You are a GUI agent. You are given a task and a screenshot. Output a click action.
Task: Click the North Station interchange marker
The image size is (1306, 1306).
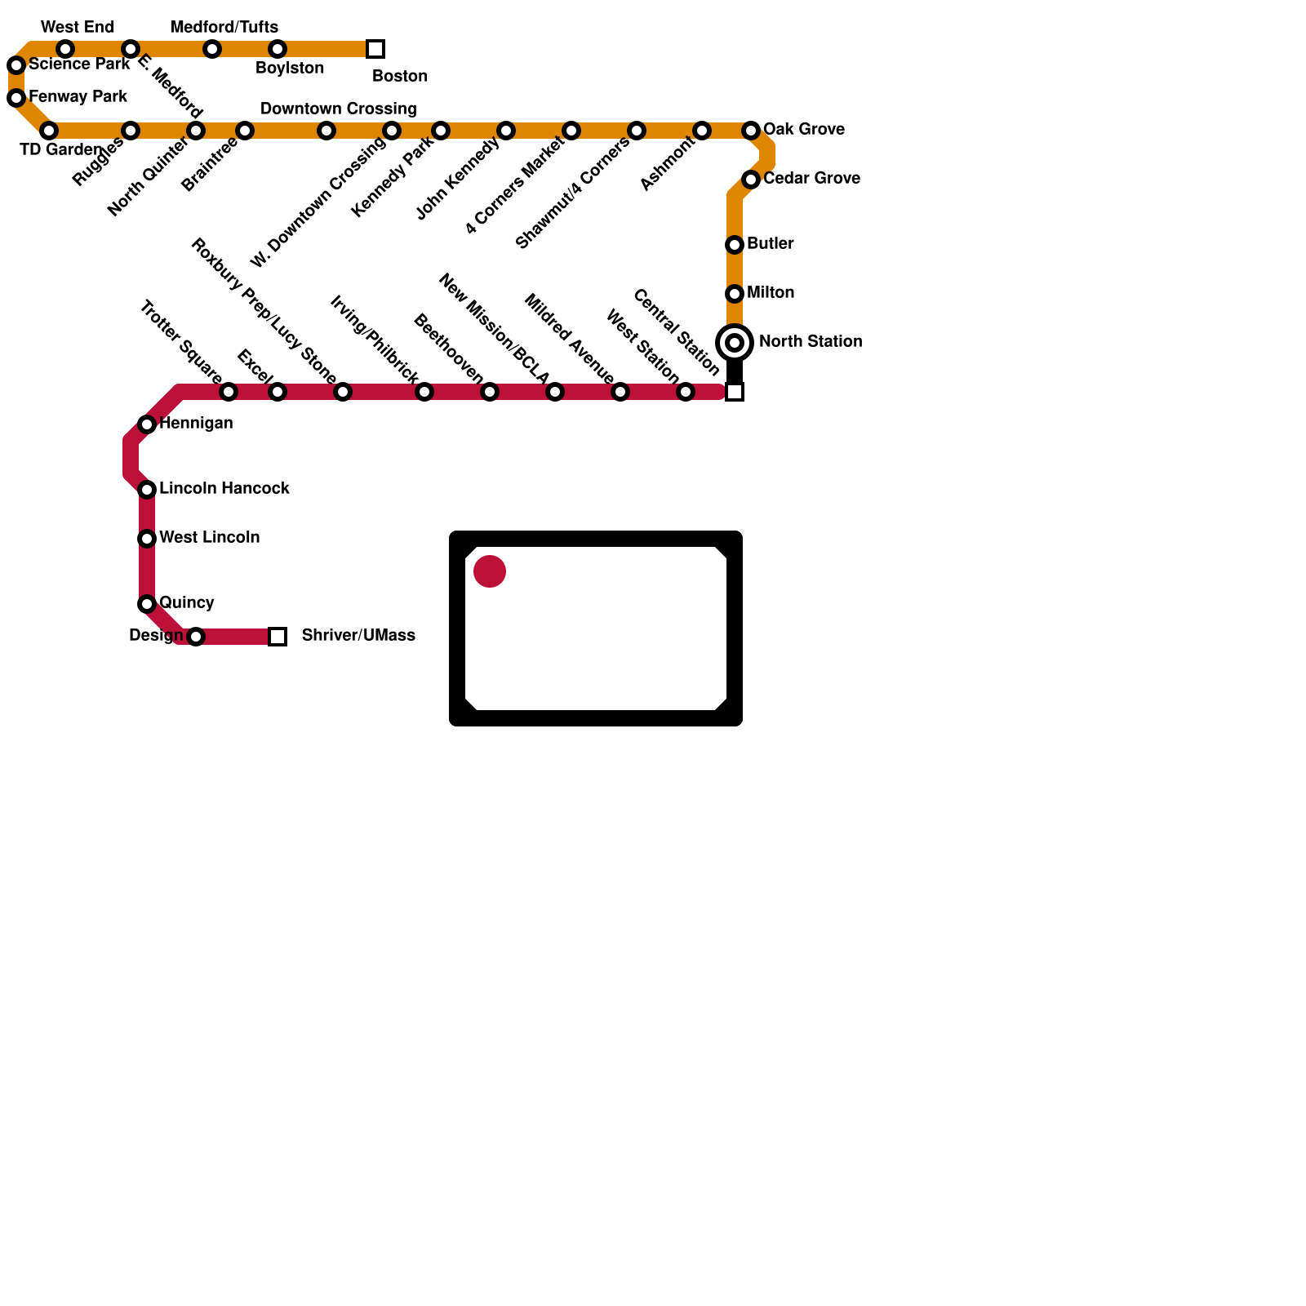coord(735,343)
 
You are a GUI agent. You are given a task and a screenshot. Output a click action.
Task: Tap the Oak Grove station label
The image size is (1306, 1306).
coord(803,130)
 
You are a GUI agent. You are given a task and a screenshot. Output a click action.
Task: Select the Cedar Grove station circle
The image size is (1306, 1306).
coord(751,180)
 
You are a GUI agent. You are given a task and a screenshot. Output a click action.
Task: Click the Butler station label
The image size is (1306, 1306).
coord(770,244)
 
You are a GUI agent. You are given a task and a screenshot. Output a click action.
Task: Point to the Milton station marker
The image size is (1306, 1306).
coord(735,294)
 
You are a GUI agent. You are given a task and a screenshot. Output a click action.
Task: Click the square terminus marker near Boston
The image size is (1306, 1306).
coord(375,49)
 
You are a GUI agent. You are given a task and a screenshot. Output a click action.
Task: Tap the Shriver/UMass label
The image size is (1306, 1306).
coord(358,635)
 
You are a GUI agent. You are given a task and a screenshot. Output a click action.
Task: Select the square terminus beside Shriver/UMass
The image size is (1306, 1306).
coord(278,637)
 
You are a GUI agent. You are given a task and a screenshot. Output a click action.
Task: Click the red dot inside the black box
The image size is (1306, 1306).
coord(490,571)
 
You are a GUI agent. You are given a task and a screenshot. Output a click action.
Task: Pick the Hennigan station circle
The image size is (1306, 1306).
coord(147,424)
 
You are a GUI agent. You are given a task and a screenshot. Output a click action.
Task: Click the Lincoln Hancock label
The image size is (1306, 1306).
coord(224,489)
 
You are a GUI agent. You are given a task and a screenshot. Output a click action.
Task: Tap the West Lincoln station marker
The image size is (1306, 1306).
coord(147,539)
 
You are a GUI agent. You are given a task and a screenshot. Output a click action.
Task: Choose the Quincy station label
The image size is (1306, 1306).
coord(186,603)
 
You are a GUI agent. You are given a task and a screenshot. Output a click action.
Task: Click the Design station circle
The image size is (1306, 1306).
coord(196,637)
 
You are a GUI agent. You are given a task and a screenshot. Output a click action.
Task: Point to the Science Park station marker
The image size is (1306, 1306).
coord(16,65)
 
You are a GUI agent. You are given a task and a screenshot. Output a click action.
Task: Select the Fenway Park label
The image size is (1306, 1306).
coord(78,97)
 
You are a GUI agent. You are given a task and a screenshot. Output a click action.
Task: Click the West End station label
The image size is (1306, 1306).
coord(77,28)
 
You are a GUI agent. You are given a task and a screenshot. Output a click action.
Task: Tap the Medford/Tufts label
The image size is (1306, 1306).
coord(224,28)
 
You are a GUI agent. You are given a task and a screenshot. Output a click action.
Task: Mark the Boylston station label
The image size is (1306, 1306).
coord(290,69)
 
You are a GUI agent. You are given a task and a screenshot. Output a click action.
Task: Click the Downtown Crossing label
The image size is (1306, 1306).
coord(338,109)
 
